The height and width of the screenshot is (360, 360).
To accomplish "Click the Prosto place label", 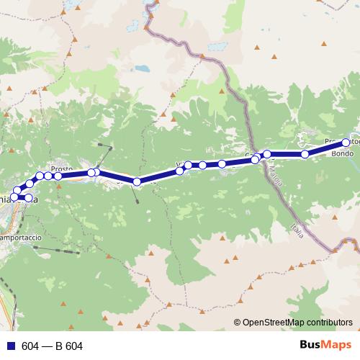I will [x=61, y=168].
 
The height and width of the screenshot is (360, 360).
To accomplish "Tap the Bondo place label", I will [x=341, y=154].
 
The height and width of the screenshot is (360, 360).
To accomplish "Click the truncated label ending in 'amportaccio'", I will [x=21, y=237].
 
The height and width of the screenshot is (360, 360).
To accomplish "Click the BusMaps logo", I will [x=328, y=346].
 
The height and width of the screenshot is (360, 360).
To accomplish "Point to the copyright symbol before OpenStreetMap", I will [x=237, y=323].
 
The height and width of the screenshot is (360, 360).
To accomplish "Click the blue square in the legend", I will [x=10, y=346].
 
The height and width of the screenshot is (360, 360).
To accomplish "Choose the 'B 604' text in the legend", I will [x=68, y=346].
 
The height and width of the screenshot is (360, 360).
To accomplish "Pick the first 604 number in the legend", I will [x=30, y=346].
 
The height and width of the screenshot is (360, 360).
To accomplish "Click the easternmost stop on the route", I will [x=346, y=143].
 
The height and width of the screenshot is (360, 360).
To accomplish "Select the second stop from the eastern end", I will [x=305, y=154].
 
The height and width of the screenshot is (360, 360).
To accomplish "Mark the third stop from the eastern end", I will [x=267, y=153].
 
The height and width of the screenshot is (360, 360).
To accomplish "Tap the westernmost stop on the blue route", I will [x=14, y=197].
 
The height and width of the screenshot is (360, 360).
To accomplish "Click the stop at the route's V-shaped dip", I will [x=136, y=181].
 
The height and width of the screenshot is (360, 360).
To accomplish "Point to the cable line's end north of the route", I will [x=111, y=147].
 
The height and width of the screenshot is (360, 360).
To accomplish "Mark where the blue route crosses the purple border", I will [x=253, y=160].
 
